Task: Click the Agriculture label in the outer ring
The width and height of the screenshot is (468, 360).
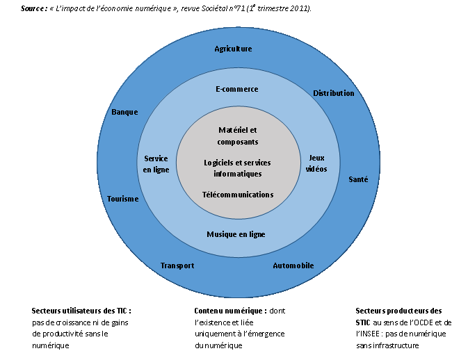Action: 233,49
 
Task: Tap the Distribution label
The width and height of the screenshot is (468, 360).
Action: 333,93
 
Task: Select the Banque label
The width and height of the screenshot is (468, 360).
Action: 124,112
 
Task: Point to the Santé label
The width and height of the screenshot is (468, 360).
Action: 358,179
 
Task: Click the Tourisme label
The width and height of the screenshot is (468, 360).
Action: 123,199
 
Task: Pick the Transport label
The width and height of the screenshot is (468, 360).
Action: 177,265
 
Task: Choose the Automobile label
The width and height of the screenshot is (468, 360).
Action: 293,265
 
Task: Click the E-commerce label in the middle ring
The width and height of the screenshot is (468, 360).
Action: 237,89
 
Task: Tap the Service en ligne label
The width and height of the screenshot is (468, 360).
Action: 156,164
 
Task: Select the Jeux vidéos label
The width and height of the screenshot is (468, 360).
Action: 316,163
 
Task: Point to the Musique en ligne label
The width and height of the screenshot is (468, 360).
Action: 236,234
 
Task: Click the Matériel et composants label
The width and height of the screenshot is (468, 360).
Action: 237,136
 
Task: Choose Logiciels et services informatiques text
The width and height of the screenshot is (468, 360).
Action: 237,167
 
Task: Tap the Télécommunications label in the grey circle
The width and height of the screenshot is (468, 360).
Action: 238,195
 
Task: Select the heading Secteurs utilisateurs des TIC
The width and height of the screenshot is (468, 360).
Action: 81,311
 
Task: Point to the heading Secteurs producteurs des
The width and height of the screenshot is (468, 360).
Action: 398,311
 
